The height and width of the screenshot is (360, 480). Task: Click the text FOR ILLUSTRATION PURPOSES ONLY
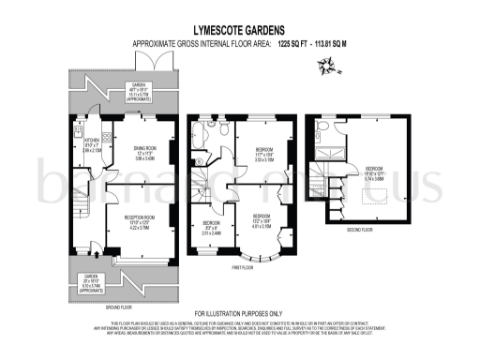[x=238, y=313]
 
